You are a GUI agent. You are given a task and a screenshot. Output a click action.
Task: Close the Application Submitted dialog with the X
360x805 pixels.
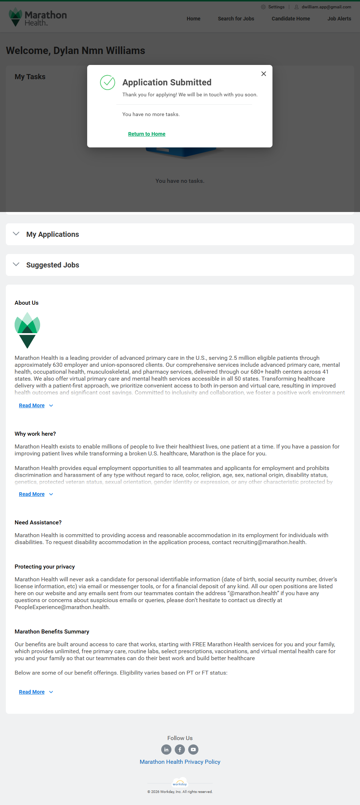point(264,74)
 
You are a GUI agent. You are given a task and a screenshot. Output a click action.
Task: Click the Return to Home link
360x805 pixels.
point(147,134)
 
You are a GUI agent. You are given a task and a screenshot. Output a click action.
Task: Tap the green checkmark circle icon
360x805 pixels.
point(108,82)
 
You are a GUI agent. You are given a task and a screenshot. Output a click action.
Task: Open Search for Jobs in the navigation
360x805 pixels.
point(236,19)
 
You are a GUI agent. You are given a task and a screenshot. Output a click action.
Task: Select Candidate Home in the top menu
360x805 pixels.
point(291,19)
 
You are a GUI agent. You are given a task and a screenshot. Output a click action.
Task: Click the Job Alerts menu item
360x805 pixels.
point(339,19)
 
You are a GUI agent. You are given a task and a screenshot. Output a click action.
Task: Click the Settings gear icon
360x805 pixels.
point(263,7)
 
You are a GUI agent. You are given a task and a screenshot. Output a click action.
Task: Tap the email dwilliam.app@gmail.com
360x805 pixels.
point(326,7)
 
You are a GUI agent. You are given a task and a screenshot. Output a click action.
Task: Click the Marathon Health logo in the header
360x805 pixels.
point(38,18)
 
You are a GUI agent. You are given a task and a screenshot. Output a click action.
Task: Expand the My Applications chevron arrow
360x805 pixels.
point(16,234)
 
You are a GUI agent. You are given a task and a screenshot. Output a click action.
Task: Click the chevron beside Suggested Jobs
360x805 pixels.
point(16,265)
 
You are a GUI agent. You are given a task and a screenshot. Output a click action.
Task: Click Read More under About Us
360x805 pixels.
point(32,405)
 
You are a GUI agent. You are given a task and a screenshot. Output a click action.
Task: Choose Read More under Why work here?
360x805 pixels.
point(32,494)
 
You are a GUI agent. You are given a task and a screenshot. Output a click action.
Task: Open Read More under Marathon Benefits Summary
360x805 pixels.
point(32,692)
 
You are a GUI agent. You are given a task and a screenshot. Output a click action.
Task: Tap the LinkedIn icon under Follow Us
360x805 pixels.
point(166,750)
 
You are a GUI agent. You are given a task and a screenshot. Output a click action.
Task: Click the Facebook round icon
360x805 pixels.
point(180,750)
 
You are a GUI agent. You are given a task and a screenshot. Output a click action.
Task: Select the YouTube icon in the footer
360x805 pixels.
point(193,750)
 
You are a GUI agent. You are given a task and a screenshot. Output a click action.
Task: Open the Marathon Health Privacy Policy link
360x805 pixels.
point(180,762)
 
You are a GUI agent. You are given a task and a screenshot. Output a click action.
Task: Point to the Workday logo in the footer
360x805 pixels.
point(180,783)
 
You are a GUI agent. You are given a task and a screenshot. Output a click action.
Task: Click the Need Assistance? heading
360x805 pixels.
point(38,523)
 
